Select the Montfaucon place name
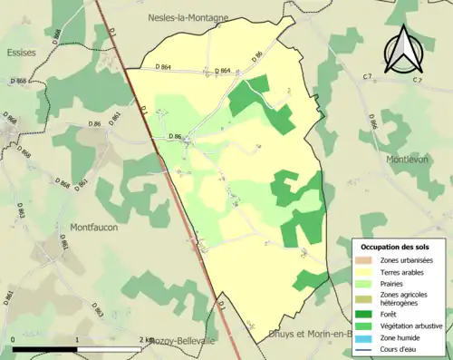[x=93, y=228]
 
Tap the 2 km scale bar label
[x=147, y=340]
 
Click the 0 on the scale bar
[x=14, y=340]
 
